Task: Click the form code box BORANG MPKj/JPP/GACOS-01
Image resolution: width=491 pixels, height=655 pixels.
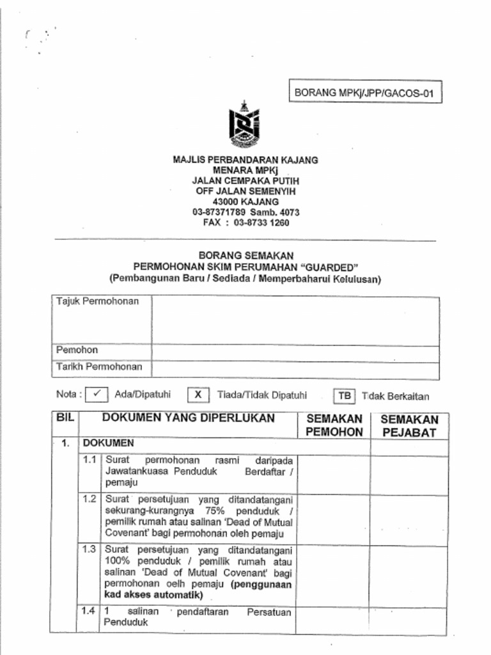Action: tap(364, 93)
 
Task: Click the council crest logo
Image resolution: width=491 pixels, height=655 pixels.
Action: tap(245, 125)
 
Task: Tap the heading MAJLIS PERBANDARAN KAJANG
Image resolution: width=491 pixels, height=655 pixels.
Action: tap(245, 160)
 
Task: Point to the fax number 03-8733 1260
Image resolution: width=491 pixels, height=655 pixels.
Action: tap(261, 223)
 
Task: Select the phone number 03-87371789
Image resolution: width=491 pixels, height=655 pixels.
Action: tap(219, 212)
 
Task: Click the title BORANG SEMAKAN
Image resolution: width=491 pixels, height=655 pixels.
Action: tap(245, 255)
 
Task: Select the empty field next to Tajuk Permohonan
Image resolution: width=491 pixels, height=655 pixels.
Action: tap(295, 320)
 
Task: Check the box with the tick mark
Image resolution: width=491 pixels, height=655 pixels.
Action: tap(97, 395)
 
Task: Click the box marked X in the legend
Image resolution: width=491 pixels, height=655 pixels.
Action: tap(198, 395)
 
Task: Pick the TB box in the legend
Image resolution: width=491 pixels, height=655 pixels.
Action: tap(344, 396)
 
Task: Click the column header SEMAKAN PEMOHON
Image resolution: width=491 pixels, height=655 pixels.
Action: tap(334, 425)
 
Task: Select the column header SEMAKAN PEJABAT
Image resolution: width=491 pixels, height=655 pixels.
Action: tap(409, 426)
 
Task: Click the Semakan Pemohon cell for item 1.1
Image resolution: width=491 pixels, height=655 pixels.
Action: tap(333, 474)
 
